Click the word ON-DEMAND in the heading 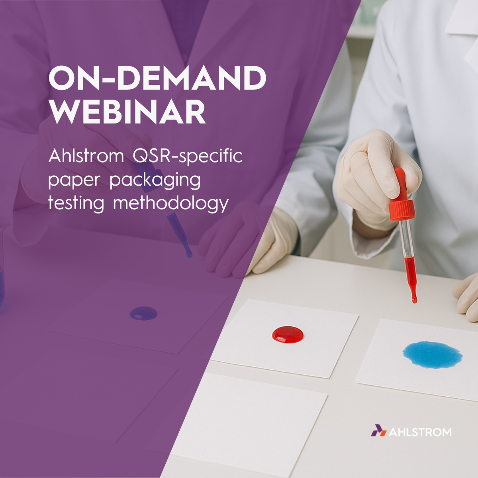coord(157,78)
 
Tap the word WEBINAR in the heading coord(127,112)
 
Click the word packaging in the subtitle coord(155,180)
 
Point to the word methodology coord(170,204)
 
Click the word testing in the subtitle coord(76,204)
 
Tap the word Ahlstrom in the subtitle coord(86,156)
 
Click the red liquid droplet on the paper coord(288,334)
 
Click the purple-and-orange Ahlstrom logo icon coord(379,437)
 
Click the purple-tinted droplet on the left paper coord(144,313)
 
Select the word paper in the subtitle coord(74,180)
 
